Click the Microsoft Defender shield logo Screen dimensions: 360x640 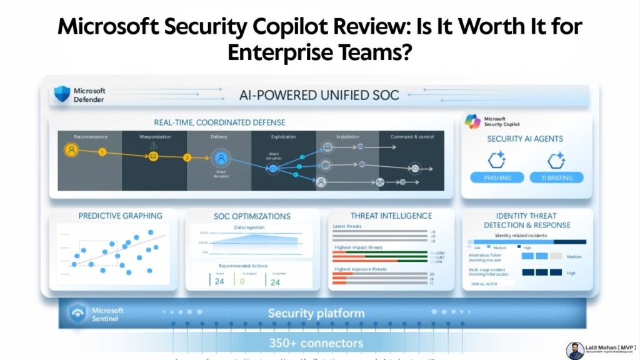pyautogui.click(x=62, y=94)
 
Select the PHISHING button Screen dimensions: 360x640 pyautogui.click(x=497, y=177)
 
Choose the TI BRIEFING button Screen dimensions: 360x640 pyautogui.click(x=557, y=177)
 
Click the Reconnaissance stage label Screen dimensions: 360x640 pyautogui.click(x=91, y=136)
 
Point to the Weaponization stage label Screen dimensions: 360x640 pyautogui.click(x=154, y=136)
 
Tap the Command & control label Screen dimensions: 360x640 pyautogui.click(x=412, y=136)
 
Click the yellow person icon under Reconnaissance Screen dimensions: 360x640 pyautogui.click(x=72, y=150)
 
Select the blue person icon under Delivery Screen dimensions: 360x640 pyautogui.click(x=220, y=157)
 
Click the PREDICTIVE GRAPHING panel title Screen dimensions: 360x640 pyautogui.click(x=120, y=216)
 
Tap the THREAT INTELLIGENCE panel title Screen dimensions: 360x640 pyautogui.click(x=391, y=216)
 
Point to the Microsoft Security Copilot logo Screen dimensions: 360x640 pyautogui.click(x=473, y=122)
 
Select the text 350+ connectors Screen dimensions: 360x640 pyautogui.click(x=316, y=342)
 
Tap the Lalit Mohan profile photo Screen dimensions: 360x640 pyautogui.click(x=575, y=351)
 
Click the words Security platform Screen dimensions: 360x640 pyautogui.click(x=316, y=313)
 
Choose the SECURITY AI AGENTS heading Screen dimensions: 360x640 pyautogui.click(x=525, y=139)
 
